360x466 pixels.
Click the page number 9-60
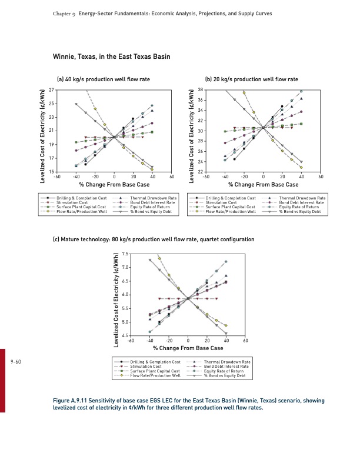click(x=16, y=362)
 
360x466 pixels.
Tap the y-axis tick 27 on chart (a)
click(x=51, y=90)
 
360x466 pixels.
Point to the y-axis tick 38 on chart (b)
click(x=201, y=90)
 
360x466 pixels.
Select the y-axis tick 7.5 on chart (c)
click(x=125, y=254)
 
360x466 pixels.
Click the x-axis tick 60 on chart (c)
click(x=245, y=341)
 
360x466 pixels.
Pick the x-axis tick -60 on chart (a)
click(x=56, y=177)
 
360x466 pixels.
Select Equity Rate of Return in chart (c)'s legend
click(x=227, y=371)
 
